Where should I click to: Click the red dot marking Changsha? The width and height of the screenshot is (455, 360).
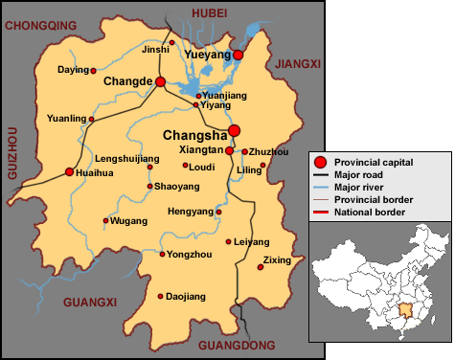point(235,131)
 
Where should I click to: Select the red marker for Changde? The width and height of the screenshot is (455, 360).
point(161,82)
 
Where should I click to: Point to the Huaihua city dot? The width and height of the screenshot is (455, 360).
point(69,172)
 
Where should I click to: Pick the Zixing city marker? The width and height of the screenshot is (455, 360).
point(260,267)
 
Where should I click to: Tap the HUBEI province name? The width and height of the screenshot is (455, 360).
point(211,11)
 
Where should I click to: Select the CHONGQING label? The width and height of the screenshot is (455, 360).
point(41,26)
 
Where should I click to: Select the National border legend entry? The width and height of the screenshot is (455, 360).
point(367,210)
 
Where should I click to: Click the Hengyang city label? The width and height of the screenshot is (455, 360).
point(190,211)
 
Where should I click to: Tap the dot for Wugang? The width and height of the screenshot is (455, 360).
point(105,221)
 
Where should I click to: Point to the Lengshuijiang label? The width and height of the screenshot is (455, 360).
point(127,158)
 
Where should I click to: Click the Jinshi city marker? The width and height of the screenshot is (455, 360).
point(172,42)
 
